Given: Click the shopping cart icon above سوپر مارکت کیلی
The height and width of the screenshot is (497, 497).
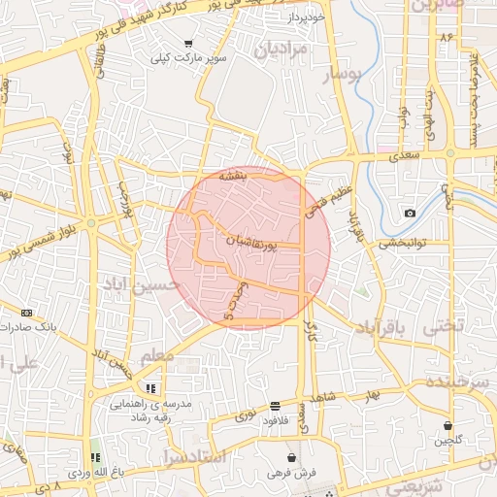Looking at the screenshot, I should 187,44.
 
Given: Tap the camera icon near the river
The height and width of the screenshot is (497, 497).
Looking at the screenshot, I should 410,213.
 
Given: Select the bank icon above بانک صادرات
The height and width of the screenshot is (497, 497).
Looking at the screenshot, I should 26,313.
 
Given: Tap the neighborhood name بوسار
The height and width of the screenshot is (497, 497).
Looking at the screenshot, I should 342,76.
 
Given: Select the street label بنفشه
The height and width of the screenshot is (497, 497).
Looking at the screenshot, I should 231,177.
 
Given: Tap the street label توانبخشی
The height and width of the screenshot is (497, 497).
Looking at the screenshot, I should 401,244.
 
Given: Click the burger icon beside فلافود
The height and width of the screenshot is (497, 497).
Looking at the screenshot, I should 277,406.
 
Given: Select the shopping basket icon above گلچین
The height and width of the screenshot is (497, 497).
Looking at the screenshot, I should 448,425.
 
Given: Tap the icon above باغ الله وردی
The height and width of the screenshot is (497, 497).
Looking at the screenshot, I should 95,457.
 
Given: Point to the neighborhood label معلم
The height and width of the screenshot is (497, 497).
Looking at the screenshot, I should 157,357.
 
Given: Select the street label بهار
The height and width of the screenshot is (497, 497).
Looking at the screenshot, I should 370,396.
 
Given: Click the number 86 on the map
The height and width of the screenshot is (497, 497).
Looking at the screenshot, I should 447,37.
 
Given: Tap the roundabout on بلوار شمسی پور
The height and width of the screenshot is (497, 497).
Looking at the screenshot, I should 90,222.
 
